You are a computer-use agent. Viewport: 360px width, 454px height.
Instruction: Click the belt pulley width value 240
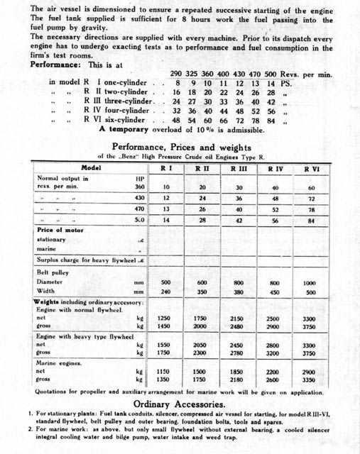pos(165,292)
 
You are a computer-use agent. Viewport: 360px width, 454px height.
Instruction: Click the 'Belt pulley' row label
pos(56,272)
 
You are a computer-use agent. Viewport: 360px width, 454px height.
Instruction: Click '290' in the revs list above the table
pos(177,73)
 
